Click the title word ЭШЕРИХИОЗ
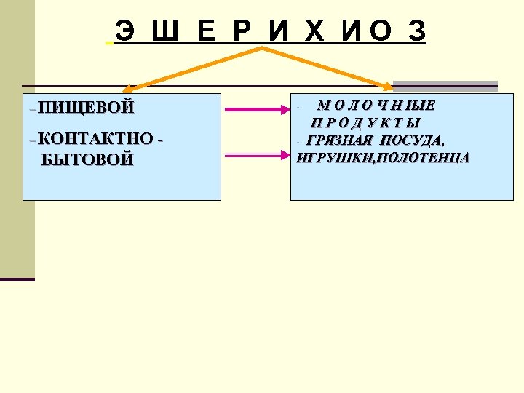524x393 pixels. tap(270, 31)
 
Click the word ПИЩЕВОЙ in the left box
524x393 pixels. tap(87, 108)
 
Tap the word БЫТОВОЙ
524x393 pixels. tap(88, 159)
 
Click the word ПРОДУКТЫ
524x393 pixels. tap(366, 123)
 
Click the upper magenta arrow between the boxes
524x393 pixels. tap(256, 110)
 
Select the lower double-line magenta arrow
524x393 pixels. tap(256, 155)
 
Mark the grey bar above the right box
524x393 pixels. tap(445, 85)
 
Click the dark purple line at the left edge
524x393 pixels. tap(17, 279)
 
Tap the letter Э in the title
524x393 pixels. tap(124, 31)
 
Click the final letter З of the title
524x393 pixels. tap(417, 31)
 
